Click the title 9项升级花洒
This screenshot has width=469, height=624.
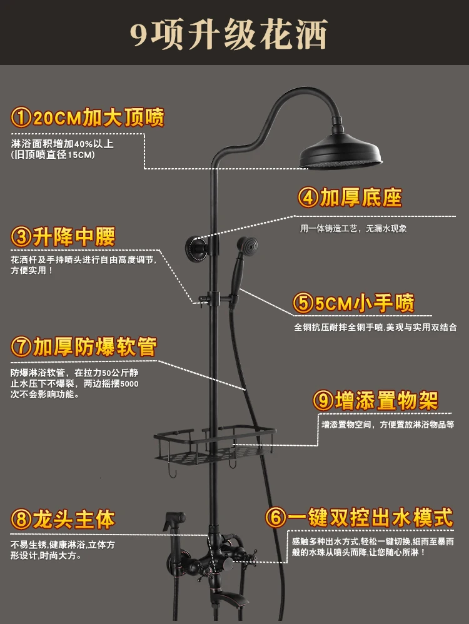pos(229,34)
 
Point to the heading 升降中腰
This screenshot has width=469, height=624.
pos(63,237)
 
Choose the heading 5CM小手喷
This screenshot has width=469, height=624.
pos(354,304)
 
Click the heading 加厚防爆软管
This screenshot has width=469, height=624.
pos(83,346)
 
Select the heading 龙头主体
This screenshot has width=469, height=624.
pos(63,520)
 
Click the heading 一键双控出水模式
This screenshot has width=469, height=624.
pos(359,517)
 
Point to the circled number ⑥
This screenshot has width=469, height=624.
pos(275,518)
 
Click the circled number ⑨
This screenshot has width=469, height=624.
pos(323,401)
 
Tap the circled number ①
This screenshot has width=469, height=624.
pos(21,119)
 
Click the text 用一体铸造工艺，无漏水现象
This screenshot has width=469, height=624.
pos(353,229)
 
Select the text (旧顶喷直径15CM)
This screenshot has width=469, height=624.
pos(53,155)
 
